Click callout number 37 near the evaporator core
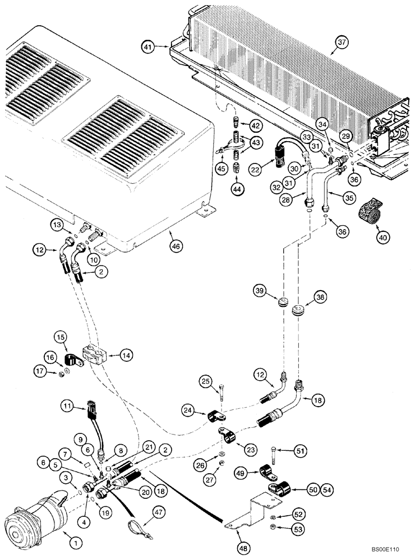click(x=342, y=41)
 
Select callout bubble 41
click(x=147, y=48)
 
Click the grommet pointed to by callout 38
click(x=297, y=307)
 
